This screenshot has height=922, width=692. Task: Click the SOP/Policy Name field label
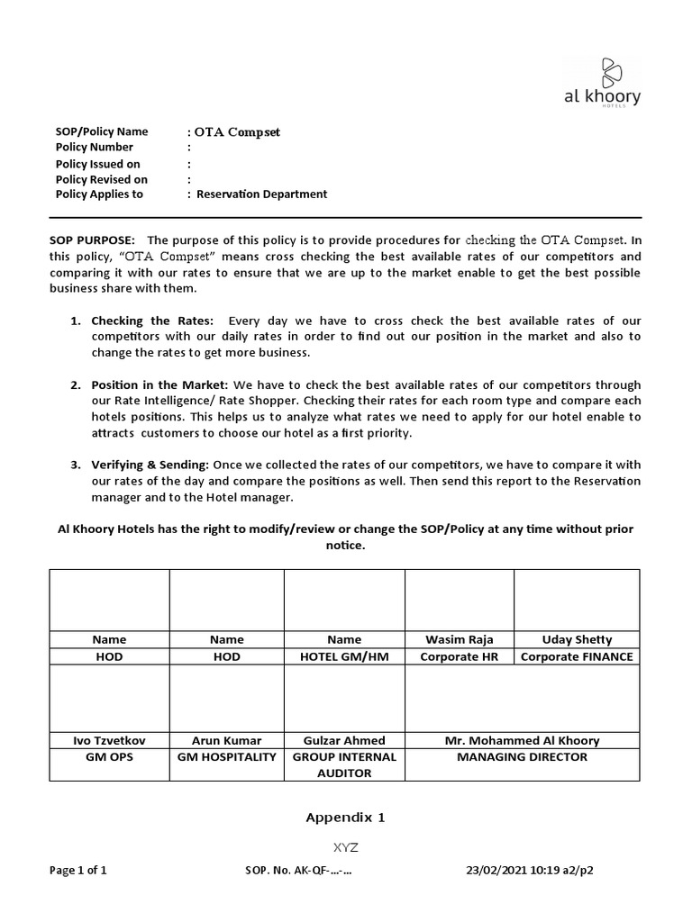pos(102,131)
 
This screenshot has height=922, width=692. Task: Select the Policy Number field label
pos(95,147)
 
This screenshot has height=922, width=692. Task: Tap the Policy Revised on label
pos(102,179)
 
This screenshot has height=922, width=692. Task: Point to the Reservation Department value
pos(261,194)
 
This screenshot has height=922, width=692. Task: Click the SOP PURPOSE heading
pos(93,240)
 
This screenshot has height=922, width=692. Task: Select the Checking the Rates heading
pos(152,321)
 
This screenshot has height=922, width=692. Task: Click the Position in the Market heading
pos(159,385)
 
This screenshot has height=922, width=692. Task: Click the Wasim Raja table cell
pos(459,639)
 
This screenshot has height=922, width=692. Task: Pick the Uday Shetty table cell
pos(576,639)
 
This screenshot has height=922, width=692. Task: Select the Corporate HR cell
pos(459,656)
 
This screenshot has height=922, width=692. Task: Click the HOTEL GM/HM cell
pos(344,656)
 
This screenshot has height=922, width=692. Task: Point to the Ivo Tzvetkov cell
pos(109,740)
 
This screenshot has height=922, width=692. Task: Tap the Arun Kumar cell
pos(226,740)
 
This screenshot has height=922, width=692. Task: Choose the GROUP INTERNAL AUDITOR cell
pos(344,765)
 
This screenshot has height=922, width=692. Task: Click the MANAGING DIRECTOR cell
pos(522,757)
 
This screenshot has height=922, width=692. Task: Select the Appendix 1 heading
pos(345,818)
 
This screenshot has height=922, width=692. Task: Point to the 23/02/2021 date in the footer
pos(492,871)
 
